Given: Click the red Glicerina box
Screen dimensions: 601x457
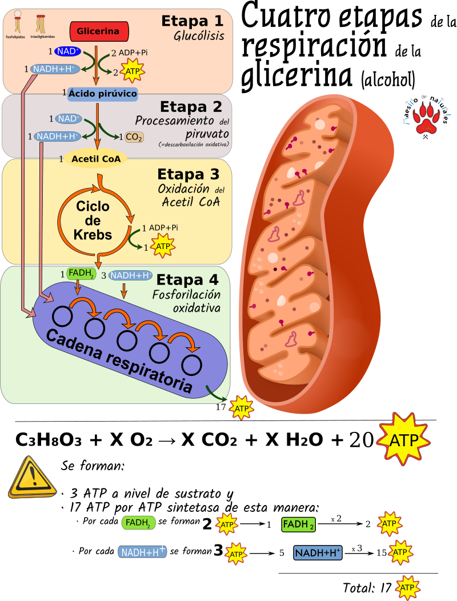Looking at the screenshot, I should tap(98, 31).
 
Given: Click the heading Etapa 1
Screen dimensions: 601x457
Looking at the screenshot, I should tap(192, 21).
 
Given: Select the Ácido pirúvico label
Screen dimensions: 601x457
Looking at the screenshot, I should tap(103, 93).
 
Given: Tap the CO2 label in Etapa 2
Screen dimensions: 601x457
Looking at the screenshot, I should tap(134, 137).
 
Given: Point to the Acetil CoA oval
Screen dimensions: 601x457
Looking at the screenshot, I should tap(96, 159).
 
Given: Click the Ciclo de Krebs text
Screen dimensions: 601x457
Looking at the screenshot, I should tap(93, 221).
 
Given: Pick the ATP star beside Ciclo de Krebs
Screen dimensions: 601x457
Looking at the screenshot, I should tap(163, 246).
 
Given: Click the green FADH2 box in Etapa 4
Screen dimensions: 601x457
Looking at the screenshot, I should tap(81, 274).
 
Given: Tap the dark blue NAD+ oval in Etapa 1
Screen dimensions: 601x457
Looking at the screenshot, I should tap(69, 52).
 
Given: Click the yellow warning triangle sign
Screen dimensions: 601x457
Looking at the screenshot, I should tap(33, 477).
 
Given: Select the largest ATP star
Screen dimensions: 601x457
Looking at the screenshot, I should tap(403, 439).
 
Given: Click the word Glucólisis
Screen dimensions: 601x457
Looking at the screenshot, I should tap(199, 37).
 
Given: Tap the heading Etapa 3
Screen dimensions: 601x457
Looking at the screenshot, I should tap(188, 174).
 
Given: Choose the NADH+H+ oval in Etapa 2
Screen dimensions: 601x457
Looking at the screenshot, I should tap(57, 137).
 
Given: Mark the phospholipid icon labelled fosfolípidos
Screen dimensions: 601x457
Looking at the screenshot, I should tap(18, 23).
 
